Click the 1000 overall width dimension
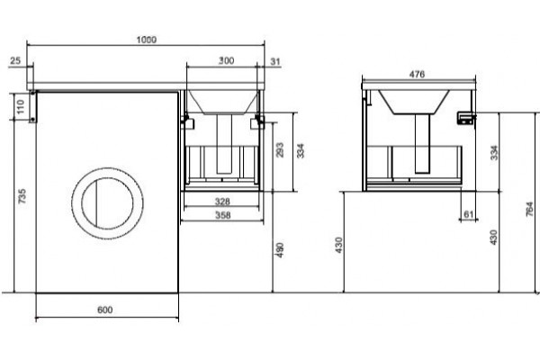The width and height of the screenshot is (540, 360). [147, 40]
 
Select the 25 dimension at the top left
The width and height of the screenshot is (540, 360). [15, 61]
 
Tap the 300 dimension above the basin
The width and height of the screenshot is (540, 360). [226, 60]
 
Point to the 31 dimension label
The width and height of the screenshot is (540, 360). [275, 62]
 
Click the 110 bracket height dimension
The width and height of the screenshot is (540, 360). [21, 107]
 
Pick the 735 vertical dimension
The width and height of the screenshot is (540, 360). [22, 196]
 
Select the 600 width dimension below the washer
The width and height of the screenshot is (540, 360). [104, 310]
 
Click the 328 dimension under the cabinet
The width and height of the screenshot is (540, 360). [222, 202]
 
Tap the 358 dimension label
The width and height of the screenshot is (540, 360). [223, 215]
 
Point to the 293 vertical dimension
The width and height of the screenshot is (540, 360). [280, 150]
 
